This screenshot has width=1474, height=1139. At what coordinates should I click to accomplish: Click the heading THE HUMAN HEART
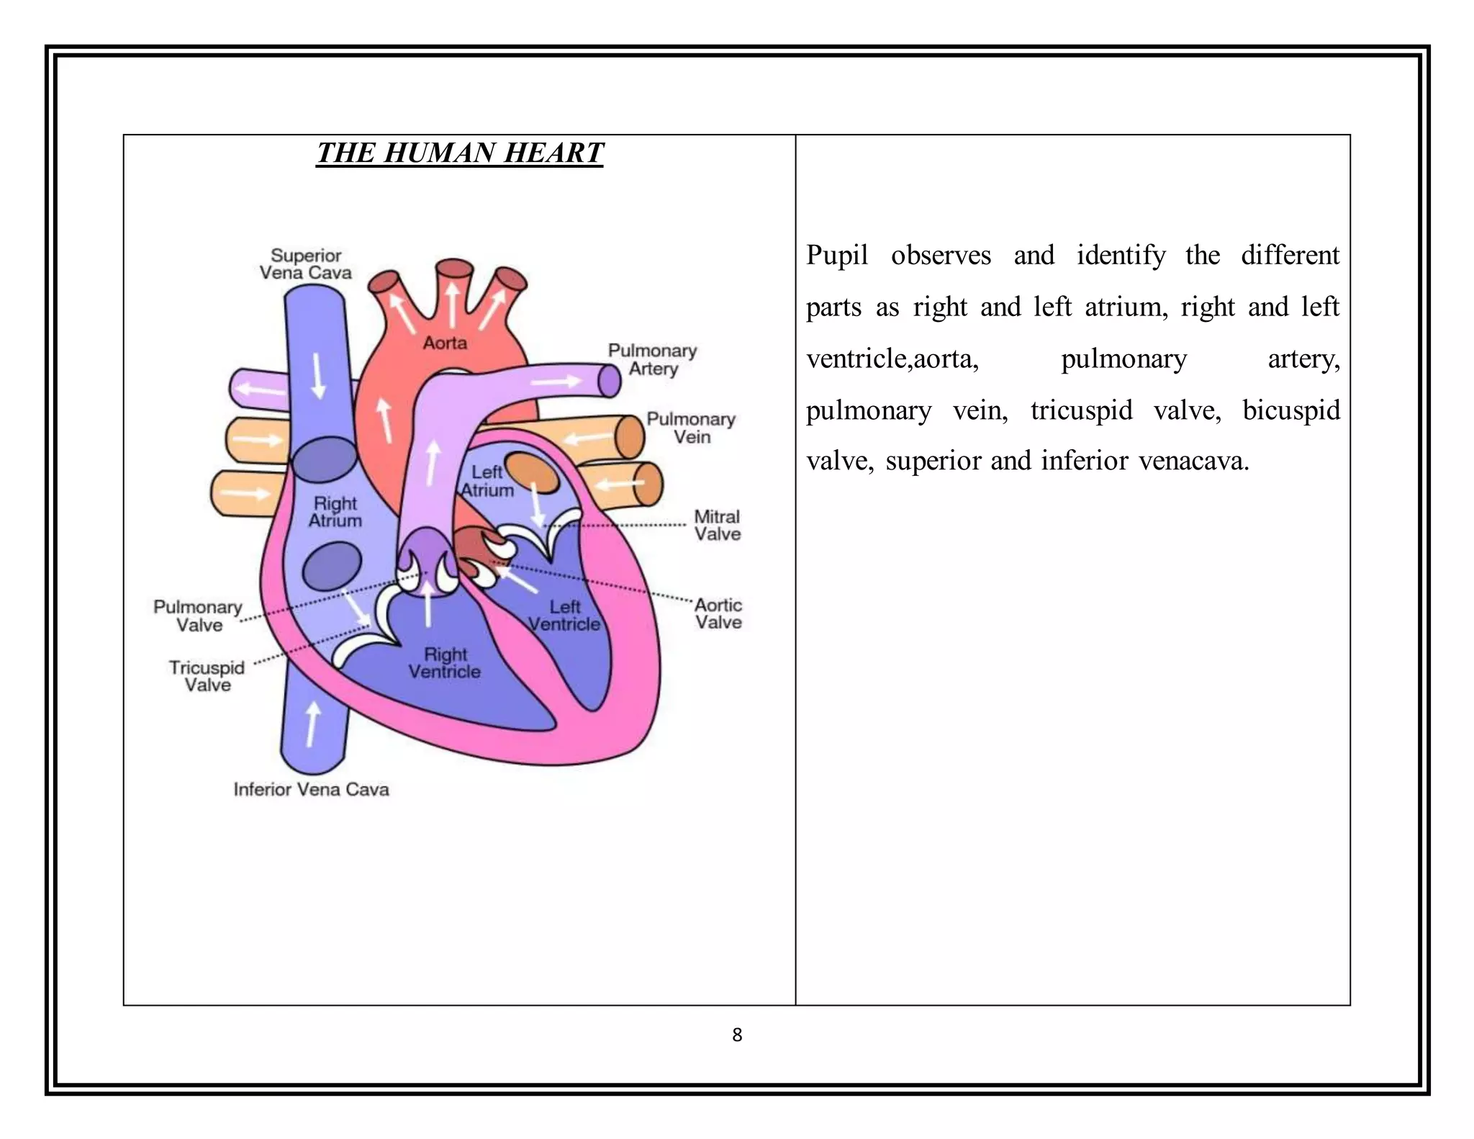pos(459,153)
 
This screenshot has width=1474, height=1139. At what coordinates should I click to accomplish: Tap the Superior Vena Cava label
pos(306,264)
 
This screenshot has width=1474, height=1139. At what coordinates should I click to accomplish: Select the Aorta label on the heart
pos(445,343)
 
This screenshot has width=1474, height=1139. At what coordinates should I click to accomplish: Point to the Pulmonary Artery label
pos(653,359)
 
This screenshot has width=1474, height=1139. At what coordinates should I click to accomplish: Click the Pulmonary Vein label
pos(691,428)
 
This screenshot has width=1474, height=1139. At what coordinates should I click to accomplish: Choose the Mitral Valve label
pos(718,525)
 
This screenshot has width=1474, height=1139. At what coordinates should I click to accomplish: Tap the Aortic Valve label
pos(718,613)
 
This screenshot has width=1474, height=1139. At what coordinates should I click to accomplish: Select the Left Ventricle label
pos(564,616)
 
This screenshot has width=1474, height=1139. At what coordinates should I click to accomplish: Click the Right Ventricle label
pos(445,663)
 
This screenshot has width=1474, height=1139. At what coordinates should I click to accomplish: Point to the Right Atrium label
pos(335,512)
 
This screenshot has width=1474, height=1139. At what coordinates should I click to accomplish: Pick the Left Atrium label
pos(487,481)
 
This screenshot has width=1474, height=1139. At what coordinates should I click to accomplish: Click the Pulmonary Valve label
pos(198,616)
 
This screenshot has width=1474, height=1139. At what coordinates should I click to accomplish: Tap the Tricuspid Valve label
pos(207,676)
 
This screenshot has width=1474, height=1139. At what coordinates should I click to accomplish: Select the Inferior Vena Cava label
pos(311,789)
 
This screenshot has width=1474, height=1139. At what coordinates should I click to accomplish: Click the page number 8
pos(737,1035)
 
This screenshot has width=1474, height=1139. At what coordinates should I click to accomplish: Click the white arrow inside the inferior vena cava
pos(312,724)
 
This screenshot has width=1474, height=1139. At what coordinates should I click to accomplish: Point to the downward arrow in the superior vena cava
pos(317,376)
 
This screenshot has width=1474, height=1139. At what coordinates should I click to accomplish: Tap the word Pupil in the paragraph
pos(836,256)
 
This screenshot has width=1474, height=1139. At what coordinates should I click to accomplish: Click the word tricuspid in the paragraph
pos(1081,410)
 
